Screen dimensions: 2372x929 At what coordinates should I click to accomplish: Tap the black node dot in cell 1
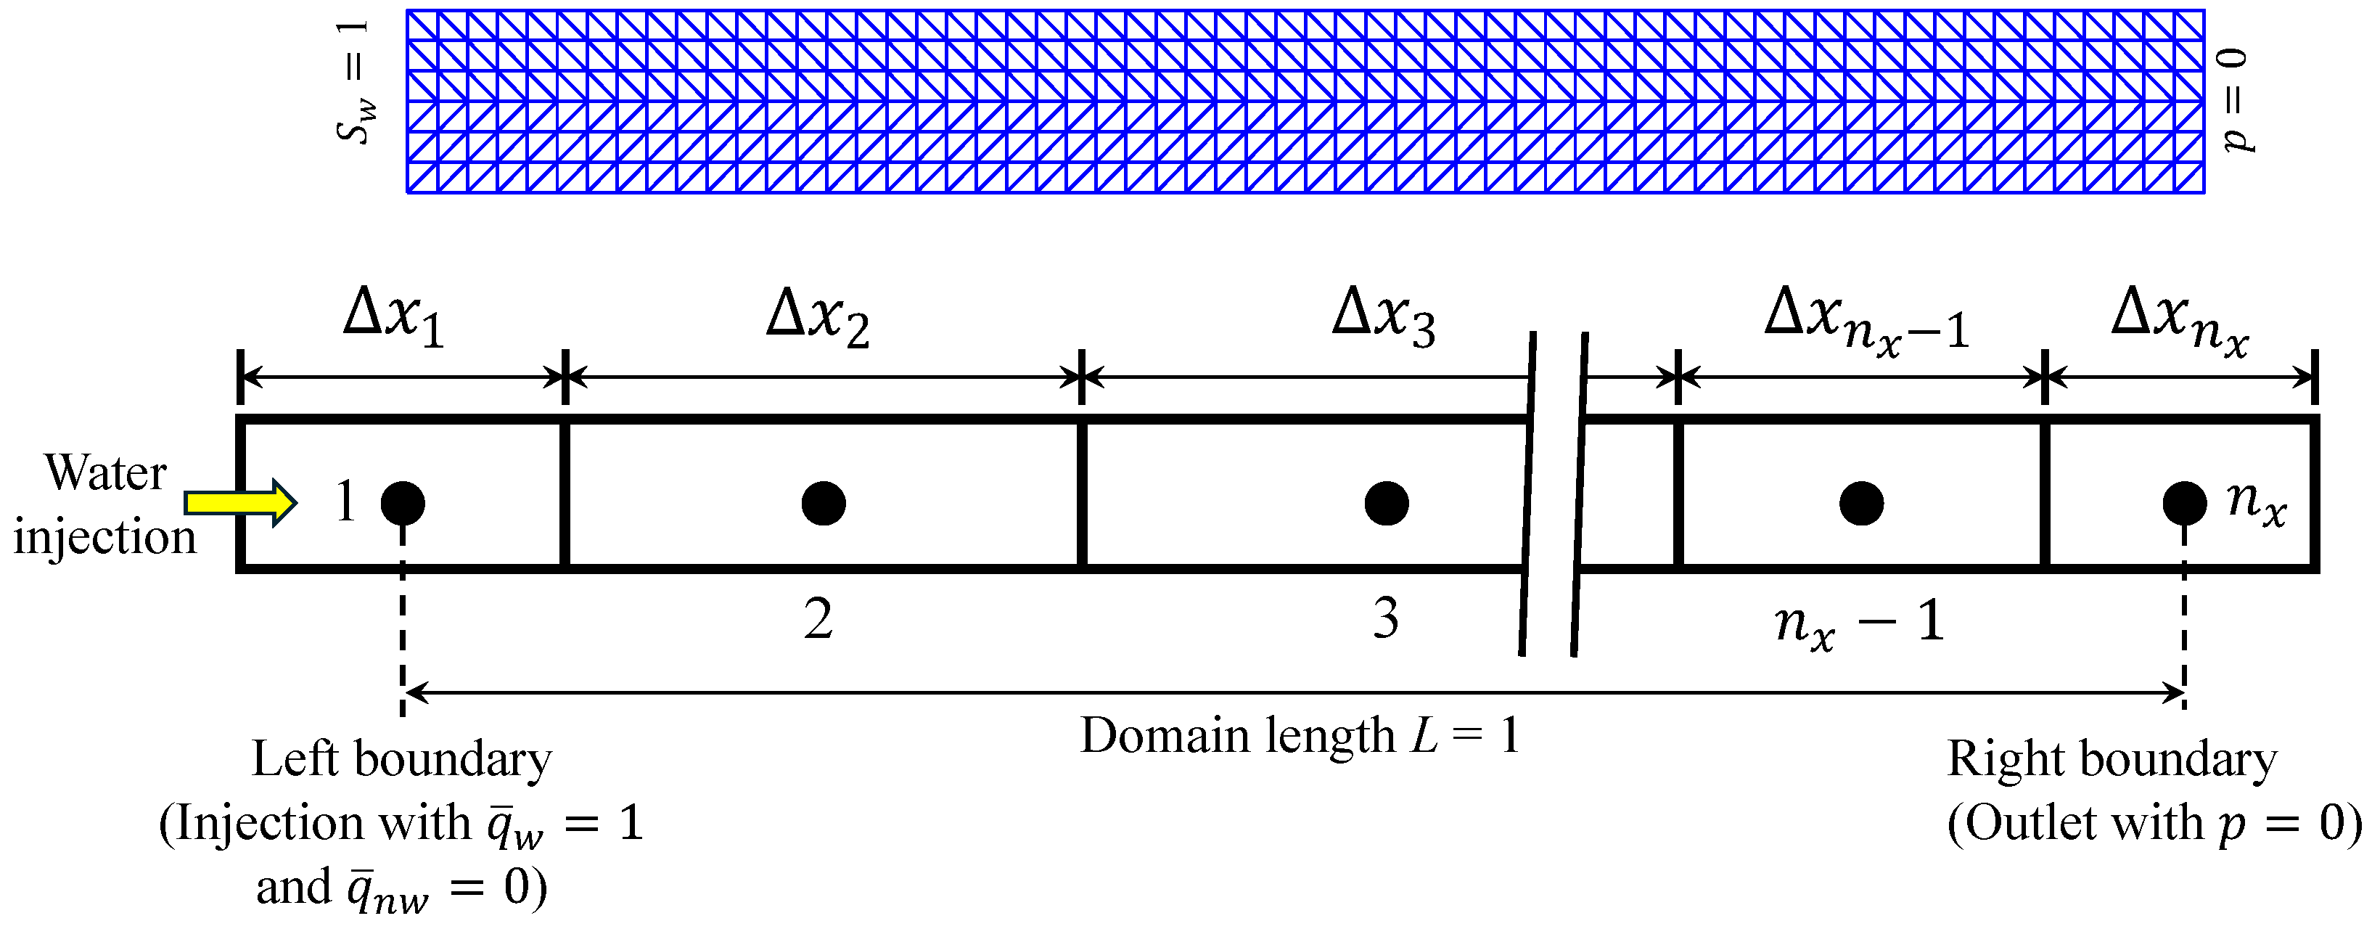pos(403,503)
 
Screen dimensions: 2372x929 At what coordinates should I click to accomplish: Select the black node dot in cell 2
pos(824,503)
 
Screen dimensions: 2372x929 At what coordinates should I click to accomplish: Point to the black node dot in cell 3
pos(1387,503)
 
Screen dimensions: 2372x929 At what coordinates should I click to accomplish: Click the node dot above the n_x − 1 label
pos(1861,503)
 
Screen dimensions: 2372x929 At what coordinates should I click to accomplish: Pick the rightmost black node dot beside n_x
pos(2184,503)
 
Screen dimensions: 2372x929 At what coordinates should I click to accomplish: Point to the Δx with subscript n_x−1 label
pos(1866,322)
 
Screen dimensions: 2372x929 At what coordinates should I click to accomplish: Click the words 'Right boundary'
pos(2112,761)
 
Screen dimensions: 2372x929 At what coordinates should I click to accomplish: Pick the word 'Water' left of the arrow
pos(106,473)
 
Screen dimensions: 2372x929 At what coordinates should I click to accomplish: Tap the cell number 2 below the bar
pos(818,618)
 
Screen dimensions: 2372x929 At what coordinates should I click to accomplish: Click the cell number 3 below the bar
pos(1386,618)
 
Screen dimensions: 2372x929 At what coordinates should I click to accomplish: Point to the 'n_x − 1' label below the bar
pos(1859,624)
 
